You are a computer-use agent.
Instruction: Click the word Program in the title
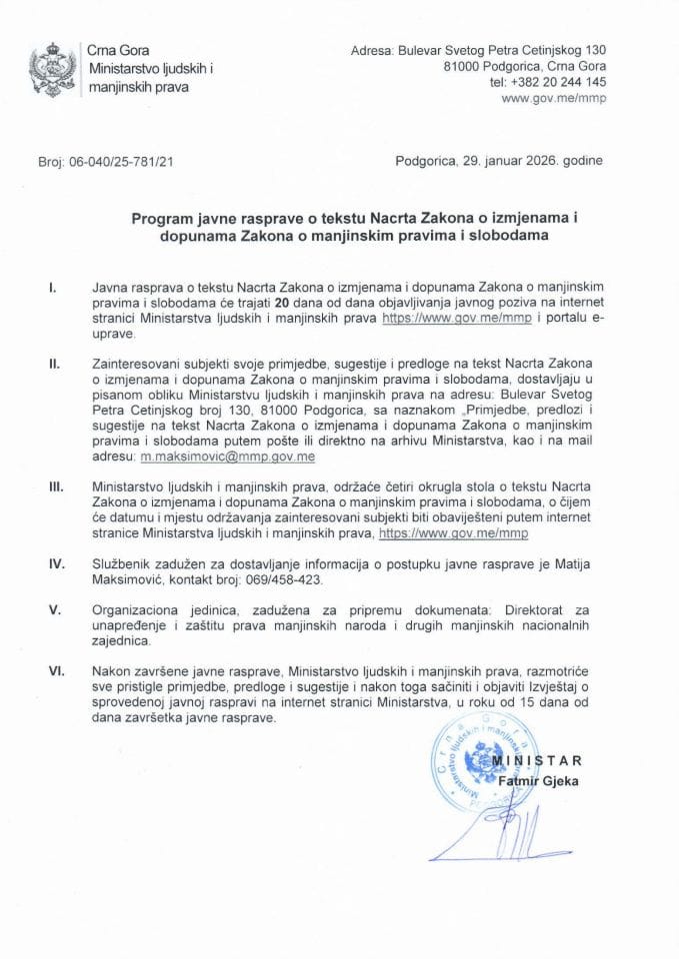pos(161,215)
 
